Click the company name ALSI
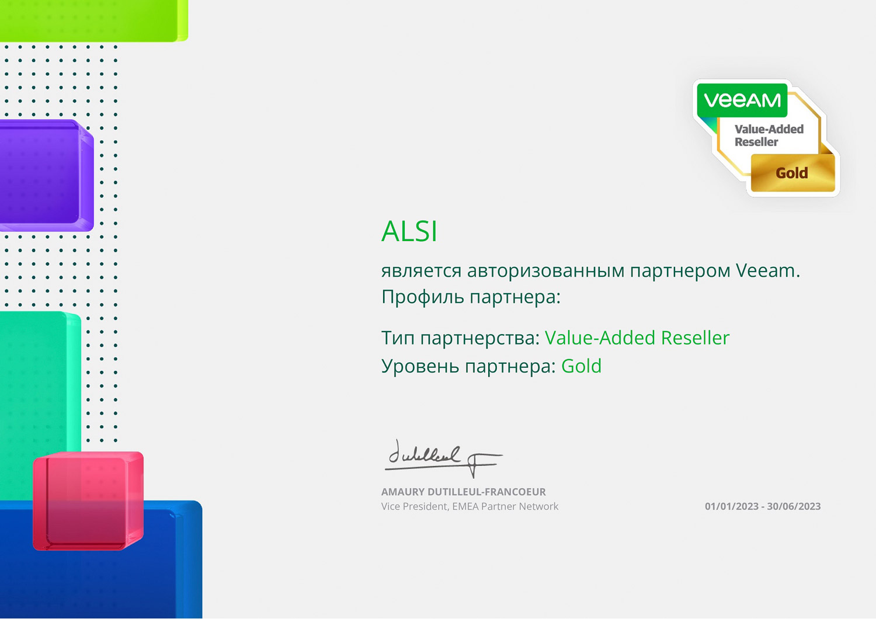tap(409, 231)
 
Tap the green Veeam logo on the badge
tap(742, 100)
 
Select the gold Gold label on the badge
tap(792, 173)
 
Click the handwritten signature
tap(443, 458)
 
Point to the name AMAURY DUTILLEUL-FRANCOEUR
tap(464, 492)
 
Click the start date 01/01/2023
tap(732, 506)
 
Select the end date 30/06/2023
tap(794, 506)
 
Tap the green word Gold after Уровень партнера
tap(582, 366)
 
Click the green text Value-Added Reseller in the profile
tap(637, 338)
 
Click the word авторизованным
tap(545, 270)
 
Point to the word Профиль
tap(422, 297)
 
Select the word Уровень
tap(420, 366)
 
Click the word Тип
tap(398, 338)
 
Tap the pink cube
tap(88, 501)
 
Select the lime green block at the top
tap(94, 20)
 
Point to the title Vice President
tap(415, 506)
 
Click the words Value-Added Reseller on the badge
tap(769, 135)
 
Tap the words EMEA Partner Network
tap(505, 506)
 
